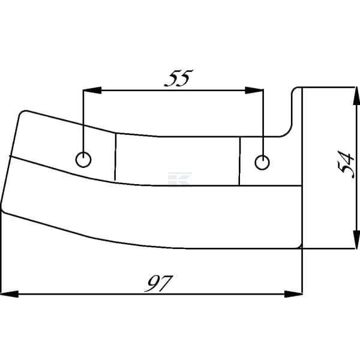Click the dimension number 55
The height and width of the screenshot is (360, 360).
click(x=179, y=78)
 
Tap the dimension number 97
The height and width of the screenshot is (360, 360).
click(x=158, y=283)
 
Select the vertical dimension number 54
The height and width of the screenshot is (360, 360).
click(x=346, y=164)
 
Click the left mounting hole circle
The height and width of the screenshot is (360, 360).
click(x=83, y=160)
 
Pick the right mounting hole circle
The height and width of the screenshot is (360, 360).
click(x=262, y=163)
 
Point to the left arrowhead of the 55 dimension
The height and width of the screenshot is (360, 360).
click(x=92, y=90)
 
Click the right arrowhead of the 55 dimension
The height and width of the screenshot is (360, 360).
click(x=254, y=90)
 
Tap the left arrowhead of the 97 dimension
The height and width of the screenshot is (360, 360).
click(x=10, y=294)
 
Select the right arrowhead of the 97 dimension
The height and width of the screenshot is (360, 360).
click(x=293, y=294)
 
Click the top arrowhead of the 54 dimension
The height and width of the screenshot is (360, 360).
click(x=356, y=96)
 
